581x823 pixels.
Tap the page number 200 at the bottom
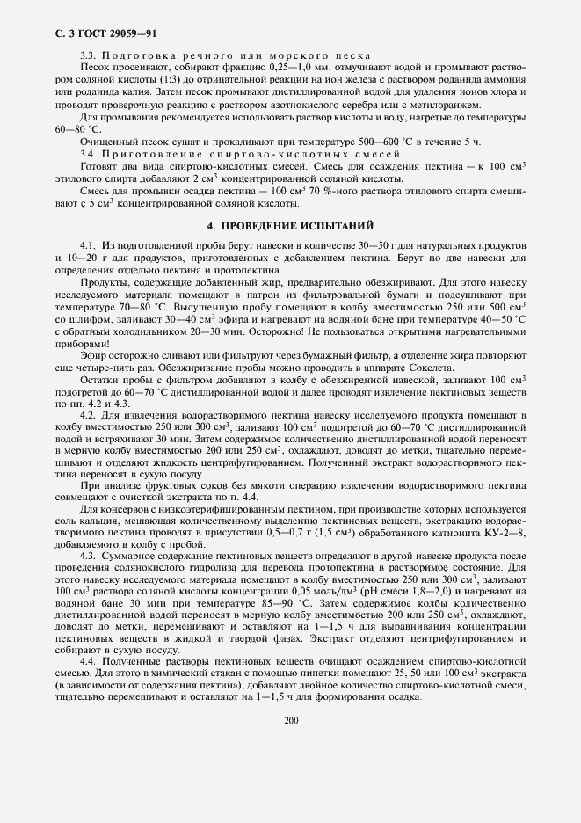(291, 720)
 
